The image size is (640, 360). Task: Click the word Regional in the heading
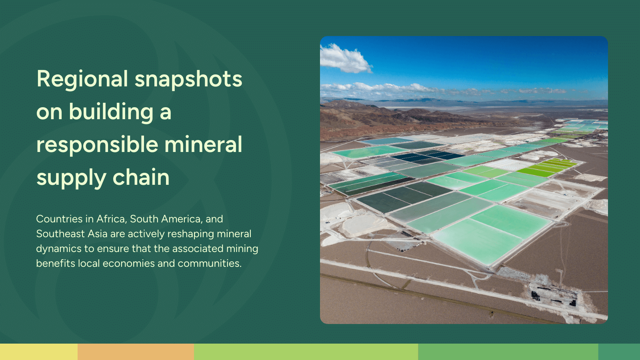point(82,79)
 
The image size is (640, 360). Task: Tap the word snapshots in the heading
point(188,79)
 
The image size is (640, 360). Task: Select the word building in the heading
point(111,112)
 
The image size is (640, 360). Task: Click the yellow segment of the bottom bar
point(39,352)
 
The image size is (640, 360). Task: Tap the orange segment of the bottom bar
point(136,352)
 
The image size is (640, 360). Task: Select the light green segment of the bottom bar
point(306,352)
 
